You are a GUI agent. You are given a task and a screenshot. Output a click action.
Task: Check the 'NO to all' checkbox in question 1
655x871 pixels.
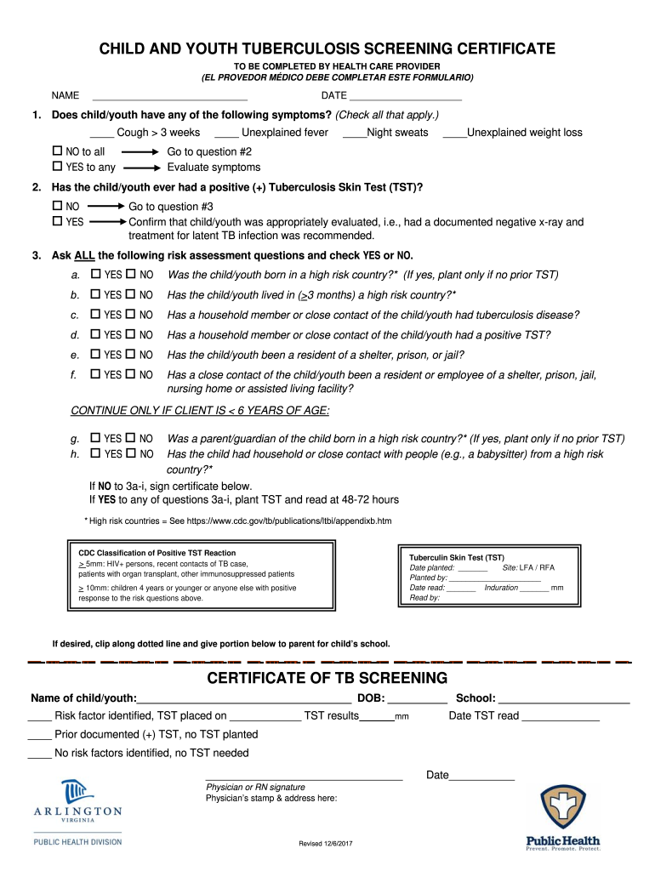(58, 151)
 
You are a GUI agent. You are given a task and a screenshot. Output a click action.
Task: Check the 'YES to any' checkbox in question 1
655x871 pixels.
(58, 167)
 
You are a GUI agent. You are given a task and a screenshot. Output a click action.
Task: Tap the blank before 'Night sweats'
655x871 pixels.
(354, 134)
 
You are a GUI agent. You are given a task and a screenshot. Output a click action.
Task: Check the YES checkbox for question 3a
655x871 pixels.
(96, 274)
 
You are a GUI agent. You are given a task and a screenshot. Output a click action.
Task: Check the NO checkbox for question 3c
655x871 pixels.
(131, 315)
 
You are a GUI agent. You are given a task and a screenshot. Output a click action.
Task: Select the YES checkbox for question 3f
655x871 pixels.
(96, 374)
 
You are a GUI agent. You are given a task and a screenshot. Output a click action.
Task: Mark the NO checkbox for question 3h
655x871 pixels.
(131, 454)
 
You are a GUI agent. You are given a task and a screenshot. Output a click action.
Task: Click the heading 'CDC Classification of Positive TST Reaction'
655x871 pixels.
(157, 553)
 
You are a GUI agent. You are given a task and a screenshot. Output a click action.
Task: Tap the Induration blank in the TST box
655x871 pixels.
(533, 588)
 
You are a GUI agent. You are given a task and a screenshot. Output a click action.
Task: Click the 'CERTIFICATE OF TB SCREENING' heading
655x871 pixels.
(327, 678)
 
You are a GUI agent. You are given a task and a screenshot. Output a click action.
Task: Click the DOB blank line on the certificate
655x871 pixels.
(418, 700)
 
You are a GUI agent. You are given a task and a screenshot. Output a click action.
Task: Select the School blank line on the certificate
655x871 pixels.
(564, 700)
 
